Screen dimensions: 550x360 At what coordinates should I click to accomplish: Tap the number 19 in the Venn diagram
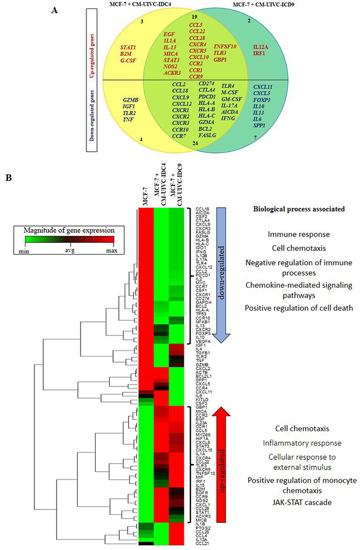point(194,17)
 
